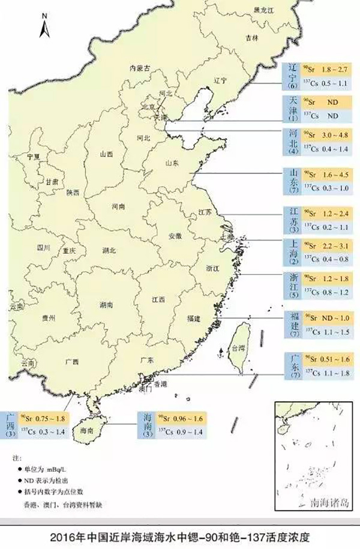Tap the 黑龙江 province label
click(x=265, y=10)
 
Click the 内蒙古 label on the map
click(x=139, y=68)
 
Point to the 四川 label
click(x=43, y=247)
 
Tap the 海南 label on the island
click(x=86, y=430)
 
